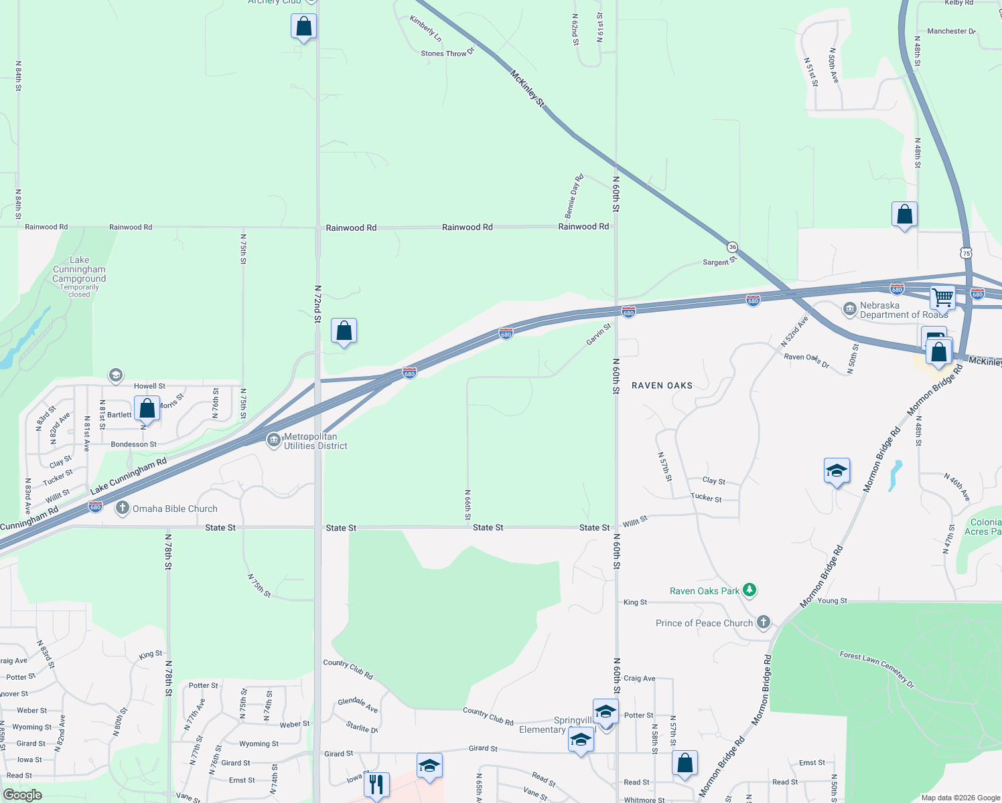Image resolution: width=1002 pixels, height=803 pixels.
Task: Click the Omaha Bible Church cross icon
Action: coord(122,508)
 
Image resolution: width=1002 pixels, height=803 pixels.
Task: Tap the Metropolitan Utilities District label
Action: coord(315,441)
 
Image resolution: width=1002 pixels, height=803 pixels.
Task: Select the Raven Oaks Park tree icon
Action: coord(749,590)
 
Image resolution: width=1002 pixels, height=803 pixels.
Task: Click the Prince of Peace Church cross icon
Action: coord(763,622)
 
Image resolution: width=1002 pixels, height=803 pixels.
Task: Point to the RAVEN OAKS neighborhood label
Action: coord(662,385)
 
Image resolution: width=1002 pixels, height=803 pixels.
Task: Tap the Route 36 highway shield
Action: coord(733,247)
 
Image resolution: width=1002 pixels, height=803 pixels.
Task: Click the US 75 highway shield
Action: coord(965,253)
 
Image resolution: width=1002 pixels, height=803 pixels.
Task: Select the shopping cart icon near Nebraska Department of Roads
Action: coord(943,296)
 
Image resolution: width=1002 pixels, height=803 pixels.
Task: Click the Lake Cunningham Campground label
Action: coord(79,270)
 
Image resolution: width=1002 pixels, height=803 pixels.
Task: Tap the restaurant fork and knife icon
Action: coord(376,784)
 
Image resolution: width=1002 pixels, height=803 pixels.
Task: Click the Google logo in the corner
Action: coord(22,795)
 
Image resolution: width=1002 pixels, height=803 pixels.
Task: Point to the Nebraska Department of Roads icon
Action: coord(850,309)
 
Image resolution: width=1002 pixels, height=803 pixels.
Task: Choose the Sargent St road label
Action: coord(719,262)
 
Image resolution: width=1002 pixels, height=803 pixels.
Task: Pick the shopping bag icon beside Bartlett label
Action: coord(147,408)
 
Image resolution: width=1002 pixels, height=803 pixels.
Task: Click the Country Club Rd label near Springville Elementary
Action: coord(488,716)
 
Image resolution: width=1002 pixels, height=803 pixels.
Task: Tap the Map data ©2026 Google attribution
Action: coord(960,798)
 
